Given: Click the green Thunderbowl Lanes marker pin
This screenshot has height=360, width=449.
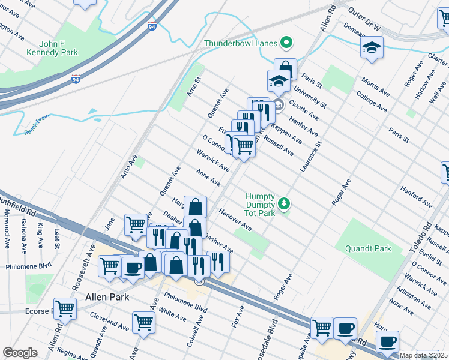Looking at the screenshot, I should click(x=286, y=43).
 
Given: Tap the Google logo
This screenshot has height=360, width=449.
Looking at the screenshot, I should click(x=20, y=353).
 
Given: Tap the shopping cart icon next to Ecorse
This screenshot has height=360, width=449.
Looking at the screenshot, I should click(x=65, y=308).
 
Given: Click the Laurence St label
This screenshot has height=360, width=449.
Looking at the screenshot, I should click(x=311, y=157).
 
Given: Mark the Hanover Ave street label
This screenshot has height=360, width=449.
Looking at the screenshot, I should click(x=234, y=220).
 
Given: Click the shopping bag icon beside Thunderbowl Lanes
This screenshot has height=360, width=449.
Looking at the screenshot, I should click(x=286, y=68).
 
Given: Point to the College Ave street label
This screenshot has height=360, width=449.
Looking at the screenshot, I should click(x=372, y=101).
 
